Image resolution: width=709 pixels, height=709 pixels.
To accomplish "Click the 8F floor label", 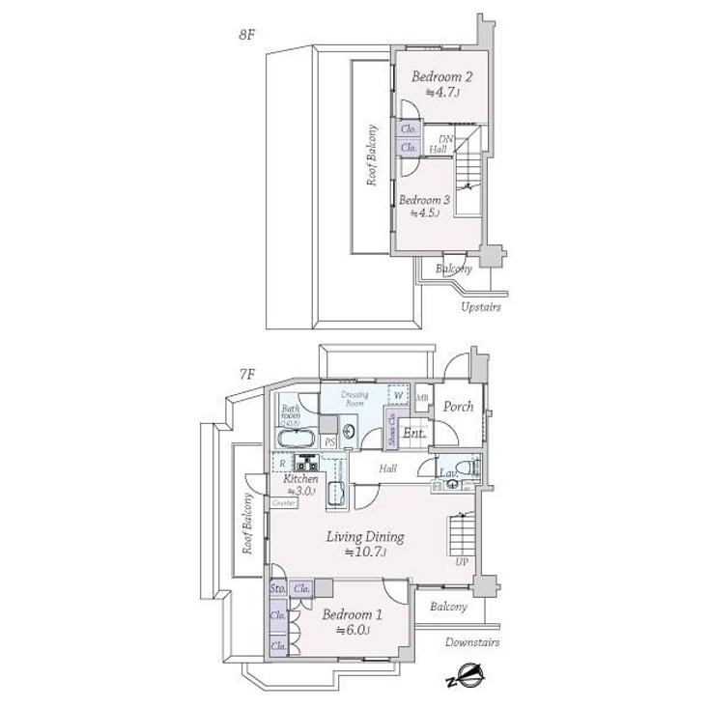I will pos(247,35).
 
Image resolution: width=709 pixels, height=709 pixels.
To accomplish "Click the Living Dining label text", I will pos(364,537).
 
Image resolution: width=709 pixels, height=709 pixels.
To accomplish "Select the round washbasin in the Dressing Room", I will pos(349,432).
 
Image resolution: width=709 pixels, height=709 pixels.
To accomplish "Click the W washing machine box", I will pos(397,395).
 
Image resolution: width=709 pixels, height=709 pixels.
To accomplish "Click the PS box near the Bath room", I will pos(329,442).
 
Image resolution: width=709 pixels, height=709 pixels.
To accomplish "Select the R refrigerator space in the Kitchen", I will pos(283,463).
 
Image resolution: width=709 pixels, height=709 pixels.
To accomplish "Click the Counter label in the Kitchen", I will pos(283,503).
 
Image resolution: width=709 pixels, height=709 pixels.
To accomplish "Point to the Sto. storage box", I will pos(277,587).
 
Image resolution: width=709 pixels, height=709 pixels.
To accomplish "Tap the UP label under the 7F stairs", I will pos(462,561).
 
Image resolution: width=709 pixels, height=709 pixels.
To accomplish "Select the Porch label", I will pos(458,407).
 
